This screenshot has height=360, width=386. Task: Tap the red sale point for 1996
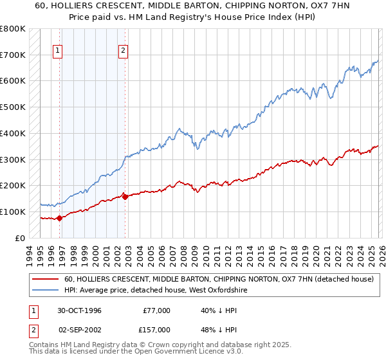(60, 218)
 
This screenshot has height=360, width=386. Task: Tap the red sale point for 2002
(125, 197)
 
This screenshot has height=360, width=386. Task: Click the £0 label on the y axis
(19, 238)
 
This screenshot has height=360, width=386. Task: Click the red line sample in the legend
(46, 280)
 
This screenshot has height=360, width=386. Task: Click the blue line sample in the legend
(46, 291)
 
